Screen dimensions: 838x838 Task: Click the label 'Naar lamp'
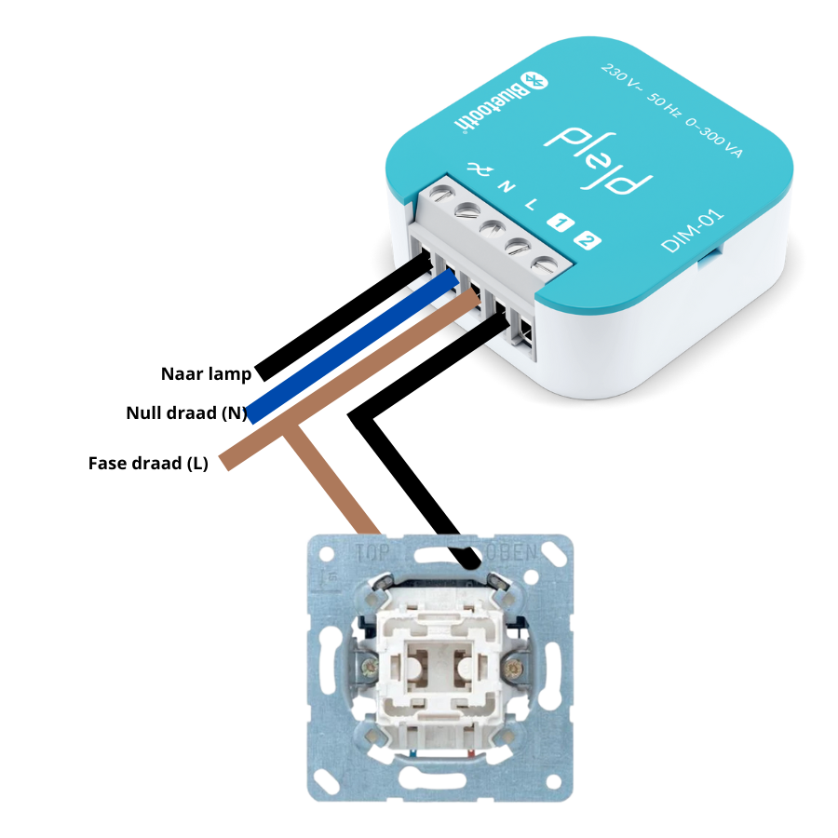click(x=206, y=374)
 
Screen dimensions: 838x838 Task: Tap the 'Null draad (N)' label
click(x=186, y=413)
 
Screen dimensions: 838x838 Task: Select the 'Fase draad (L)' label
click(x=148, y=464)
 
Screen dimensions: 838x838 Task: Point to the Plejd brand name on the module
click(x=598, y=160)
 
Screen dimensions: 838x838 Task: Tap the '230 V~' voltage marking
click(x=620, y=76)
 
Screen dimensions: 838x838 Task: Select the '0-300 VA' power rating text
click(x=713, y=138)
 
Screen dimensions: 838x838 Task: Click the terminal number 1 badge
click(x=561, y=223)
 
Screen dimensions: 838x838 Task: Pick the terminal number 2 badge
click(x=588, y=240)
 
